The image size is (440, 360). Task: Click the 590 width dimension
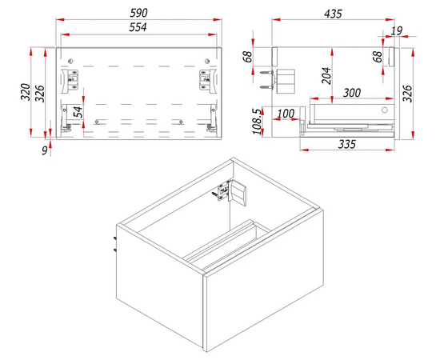tap(138, 13)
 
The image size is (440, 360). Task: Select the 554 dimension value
tap(138, 27)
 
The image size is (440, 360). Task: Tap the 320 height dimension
tap(26, 92)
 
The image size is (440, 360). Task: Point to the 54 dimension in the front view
tap(78, 112)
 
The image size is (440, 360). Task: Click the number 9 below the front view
tap(45, 150)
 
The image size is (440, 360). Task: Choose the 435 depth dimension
tap(333, 14)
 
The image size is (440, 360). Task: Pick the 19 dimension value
tap(397, 30)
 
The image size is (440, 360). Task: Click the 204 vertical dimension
tap(326, 76)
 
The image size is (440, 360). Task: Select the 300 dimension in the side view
tap(352, 93)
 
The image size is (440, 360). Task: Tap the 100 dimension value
tap(286, 114)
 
